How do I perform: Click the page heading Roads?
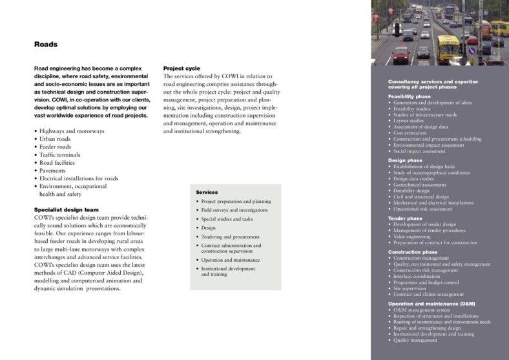[46, 45]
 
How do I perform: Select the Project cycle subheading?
[182, 69]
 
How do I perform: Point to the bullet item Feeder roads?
[55, 147]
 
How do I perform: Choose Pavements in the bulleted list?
[57, 171]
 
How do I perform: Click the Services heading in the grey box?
[207, 192]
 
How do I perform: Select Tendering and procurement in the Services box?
[231, 237]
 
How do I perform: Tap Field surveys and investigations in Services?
[234, 210]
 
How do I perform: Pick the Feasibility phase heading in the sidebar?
[409, 96]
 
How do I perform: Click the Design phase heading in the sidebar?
[405, 160]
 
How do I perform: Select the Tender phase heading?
[405, 218]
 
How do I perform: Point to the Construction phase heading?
[412, 252]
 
